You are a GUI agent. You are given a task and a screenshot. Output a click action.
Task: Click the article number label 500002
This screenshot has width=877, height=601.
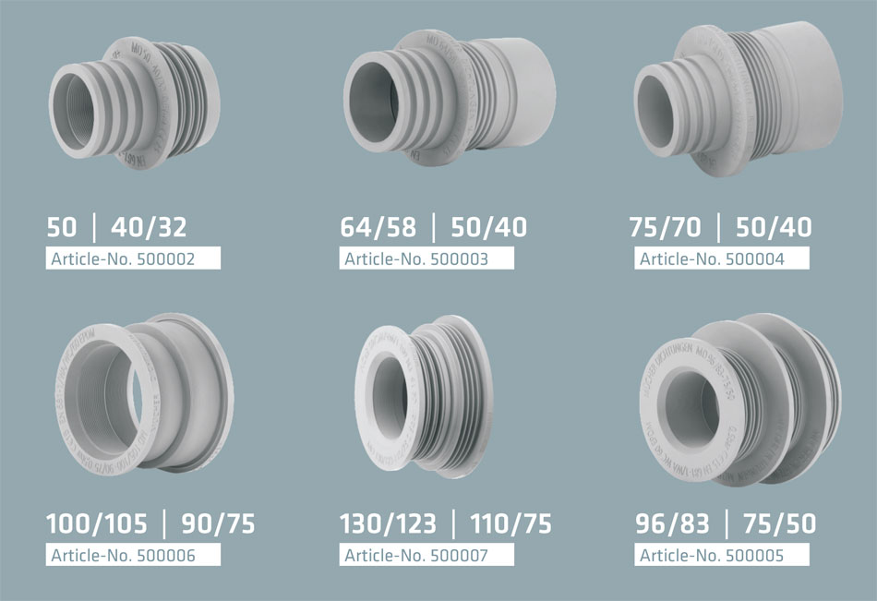coord(134,258)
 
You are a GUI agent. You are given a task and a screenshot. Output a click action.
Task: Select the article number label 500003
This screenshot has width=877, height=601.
coord(428,258)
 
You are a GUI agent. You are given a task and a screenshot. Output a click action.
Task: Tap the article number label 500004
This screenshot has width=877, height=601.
coord(723,258)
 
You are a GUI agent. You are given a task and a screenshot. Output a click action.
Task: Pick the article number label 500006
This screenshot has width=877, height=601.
coord(134,555)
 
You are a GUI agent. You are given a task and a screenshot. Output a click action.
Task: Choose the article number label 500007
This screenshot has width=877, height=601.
coord(428,555)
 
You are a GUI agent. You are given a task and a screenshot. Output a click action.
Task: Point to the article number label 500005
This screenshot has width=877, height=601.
coord(723,555)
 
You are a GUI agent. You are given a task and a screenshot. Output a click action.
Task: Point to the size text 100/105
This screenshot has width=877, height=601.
coord(97,524)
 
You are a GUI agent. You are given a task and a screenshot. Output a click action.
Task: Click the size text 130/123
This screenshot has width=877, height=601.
coord(388,524)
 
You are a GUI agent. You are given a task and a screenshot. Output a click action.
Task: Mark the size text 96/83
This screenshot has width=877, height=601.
coord(672,524)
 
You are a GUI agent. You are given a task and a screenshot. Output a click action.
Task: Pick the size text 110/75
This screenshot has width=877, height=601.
coord(511,524)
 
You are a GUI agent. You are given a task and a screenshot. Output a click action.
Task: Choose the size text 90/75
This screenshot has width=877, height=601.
coord(217,524)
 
